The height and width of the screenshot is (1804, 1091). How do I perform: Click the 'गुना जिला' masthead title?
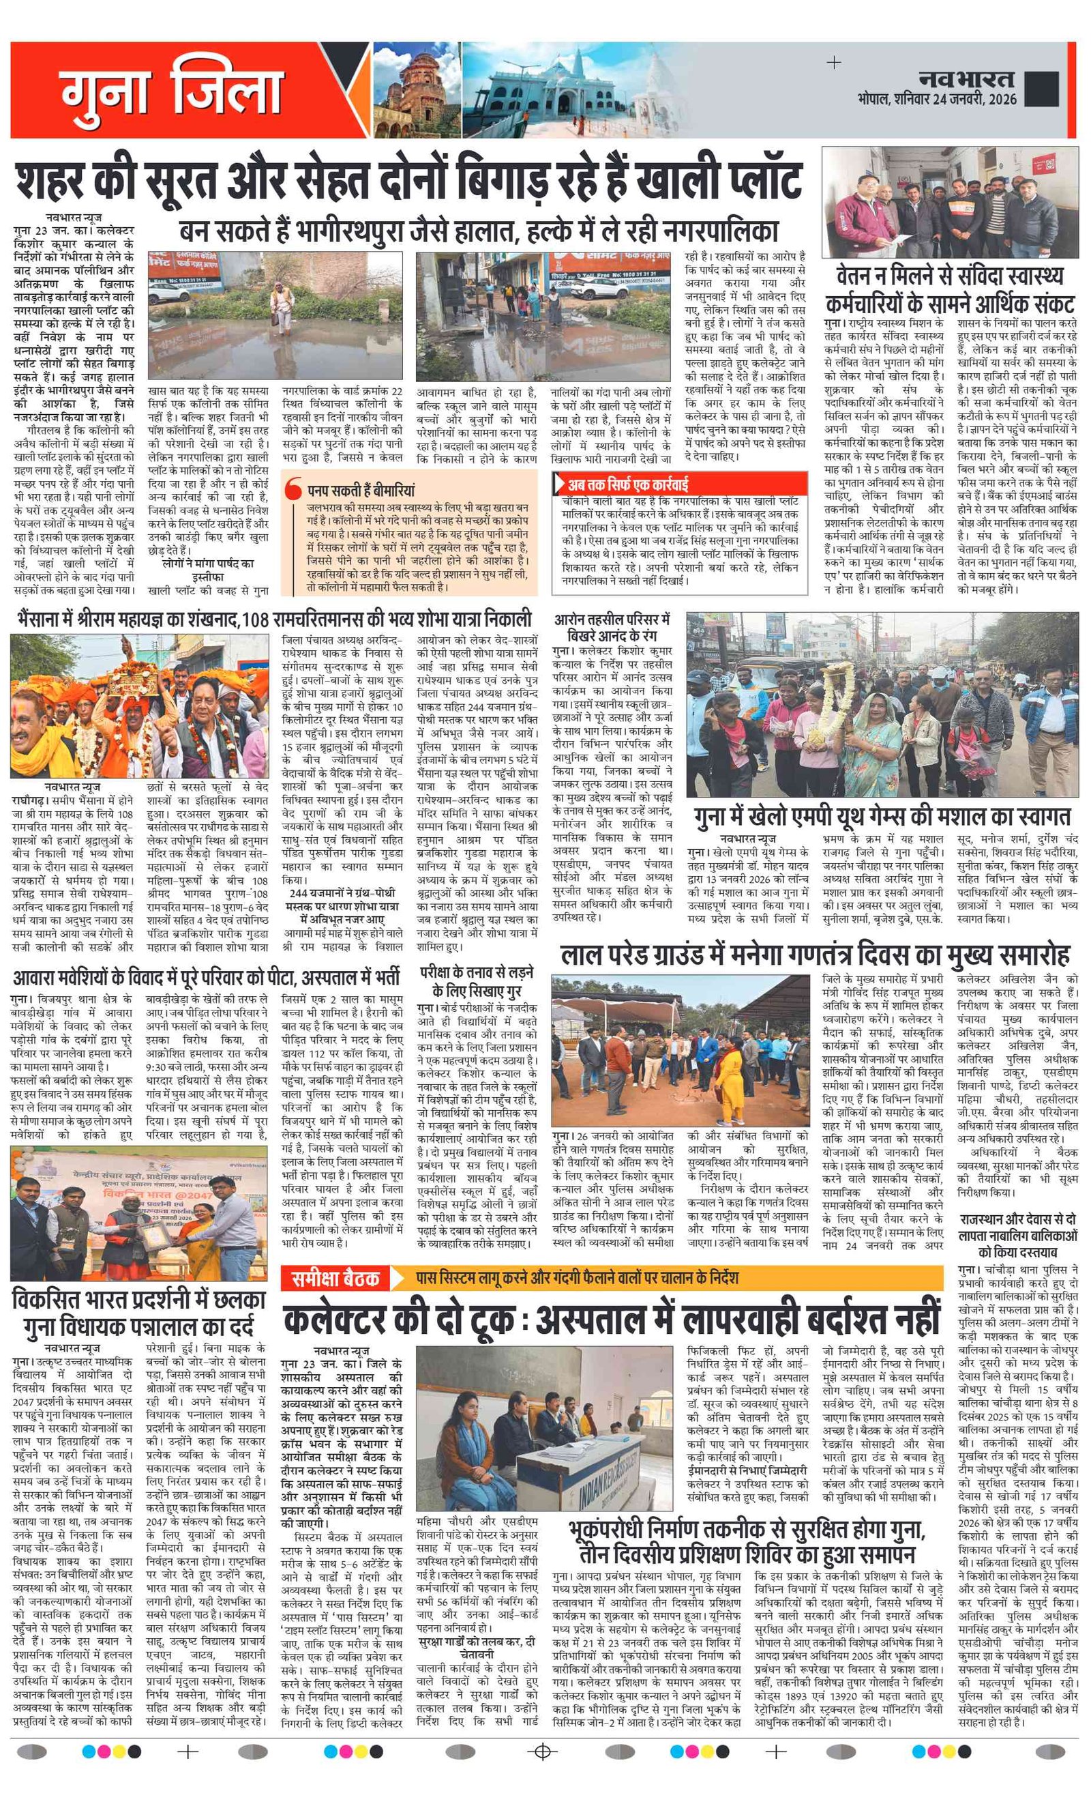pyautogui.click(x=172, y=91)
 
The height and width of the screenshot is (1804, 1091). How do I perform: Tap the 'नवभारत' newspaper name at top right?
pyautogui.click(x=966, y=79)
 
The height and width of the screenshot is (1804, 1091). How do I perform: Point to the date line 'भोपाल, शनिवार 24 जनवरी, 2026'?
pyautogui.click(x=938, y=99)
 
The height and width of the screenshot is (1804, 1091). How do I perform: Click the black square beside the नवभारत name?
pyautogui.click(x=1041, y=89)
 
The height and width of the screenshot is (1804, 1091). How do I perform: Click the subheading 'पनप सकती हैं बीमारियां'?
pyautogui.click(x=361, y=490)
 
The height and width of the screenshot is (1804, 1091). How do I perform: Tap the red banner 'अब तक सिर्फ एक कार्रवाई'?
pyautogui.click(x=629, y=484)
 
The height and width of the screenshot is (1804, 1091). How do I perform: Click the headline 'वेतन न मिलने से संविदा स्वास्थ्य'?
pyautogui.click(x=950, y=277)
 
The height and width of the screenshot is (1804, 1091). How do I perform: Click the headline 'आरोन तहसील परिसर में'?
pyautogui.click(x=612, y=620)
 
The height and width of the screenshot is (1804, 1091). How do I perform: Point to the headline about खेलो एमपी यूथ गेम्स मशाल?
pyautogui.click(x=882, y=815)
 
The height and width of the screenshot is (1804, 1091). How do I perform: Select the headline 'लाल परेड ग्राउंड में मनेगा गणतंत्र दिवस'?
pyautogui.click(x=814, y=955)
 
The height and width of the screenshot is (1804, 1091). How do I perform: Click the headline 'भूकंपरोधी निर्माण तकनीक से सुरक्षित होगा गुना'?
pyautogui.click(x=747, y=1530)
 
